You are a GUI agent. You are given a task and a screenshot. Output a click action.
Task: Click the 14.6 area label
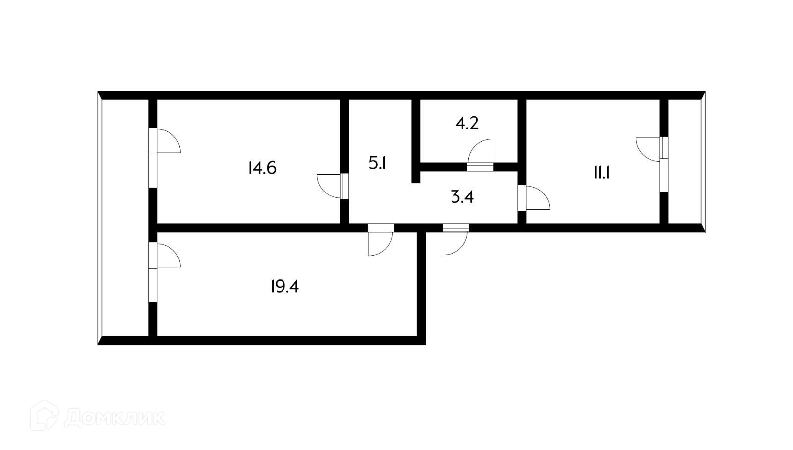click(x=262, y=168)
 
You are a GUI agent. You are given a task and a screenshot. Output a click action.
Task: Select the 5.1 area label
click(x=377, y=163)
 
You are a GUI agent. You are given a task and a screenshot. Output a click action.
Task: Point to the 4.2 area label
click(x=467, y=123)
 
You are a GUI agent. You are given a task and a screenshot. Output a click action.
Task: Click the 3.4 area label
click(x=462, y=197)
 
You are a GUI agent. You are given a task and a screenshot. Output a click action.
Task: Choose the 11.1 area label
click(x=601, y=173)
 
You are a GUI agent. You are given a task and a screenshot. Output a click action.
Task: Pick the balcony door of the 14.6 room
click(x=166, y=141)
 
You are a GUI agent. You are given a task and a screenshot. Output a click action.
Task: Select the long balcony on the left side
click(x=125, y=218)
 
